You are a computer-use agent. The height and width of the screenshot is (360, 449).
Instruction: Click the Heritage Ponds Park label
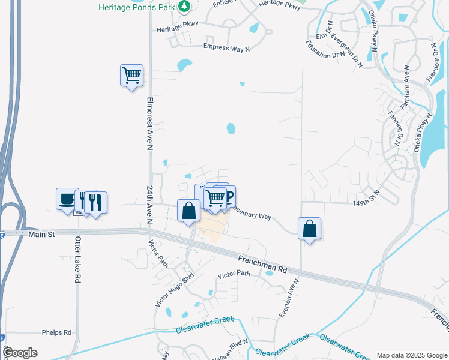[x=137, y=7]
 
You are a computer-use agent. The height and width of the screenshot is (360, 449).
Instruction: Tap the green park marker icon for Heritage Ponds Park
[x=185, y=7]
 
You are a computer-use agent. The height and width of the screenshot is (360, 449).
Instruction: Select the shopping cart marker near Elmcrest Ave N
[x=131, y=76]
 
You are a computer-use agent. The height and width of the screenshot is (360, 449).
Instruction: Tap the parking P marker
[x=228, y=196]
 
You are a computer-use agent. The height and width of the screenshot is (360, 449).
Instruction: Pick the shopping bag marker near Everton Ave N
[x=309, y=229]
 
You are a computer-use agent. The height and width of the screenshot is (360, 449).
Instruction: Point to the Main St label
[x=41, y=234]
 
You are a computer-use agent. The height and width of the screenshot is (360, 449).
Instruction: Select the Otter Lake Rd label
[x=77, y=260]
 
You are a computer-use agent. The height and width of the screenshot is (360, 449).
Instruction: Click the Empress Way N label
[x=226, y=47]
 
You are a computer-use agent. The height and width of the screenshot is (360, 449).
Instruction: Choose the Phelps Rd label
[x=56, y=332]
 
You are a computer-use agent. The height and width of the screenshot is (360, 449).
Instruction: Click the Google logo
[x=20, y=353]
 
